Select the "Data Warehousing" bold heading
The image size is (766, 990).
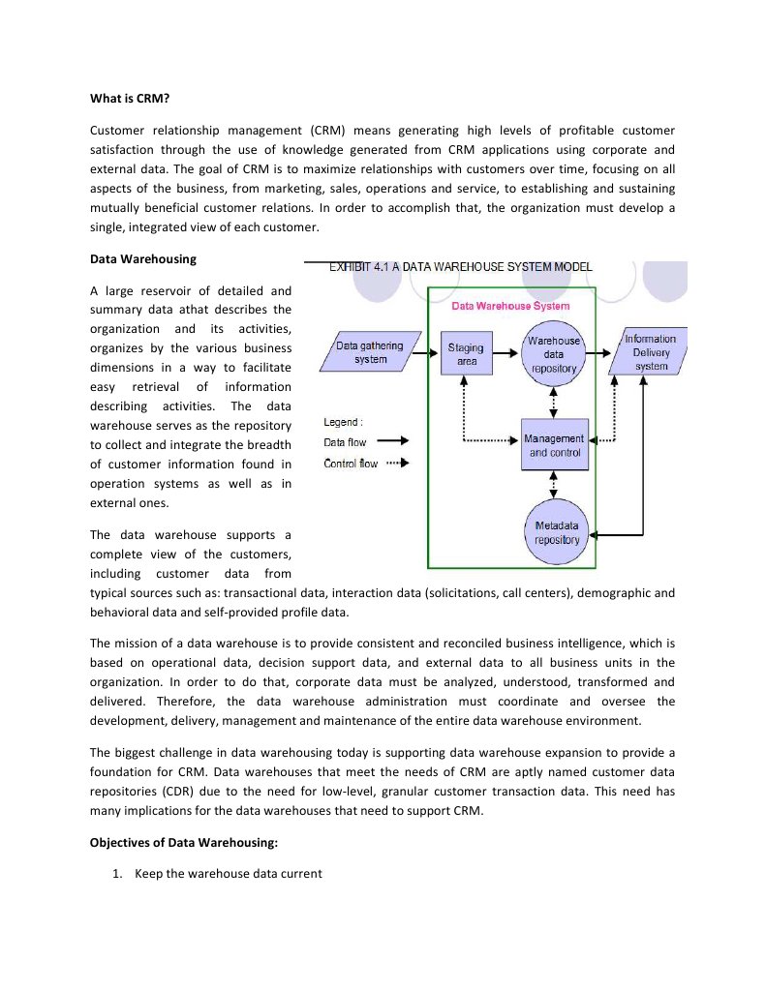142,258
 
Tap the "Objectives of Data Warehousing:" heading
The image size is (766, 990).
184,842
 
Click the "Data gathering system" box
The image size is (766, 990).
370,352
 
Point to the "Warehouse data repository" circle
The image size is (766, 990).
554,354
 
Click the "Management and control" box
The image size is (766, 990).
554,445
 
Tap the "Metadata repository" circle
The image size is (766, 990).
557,532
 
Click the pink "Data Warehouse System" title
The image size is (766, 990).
510,306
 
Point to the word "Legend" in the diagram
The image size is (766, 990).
342,422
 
